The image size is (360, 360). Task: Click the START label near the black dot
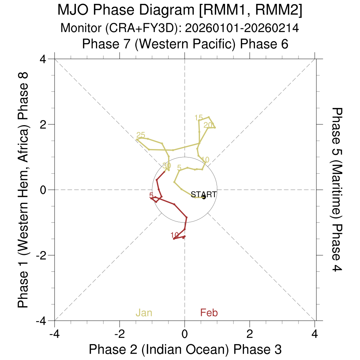(204, 194)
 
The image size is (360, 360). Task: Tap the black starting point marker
(204, 198)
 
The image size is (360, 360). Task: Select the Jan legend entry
(144, 313)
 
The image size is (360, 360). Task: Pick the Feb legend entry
(209, 313)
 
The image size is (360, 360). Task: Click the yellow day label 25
(141, 135)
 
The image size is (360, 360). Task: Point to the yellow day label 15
(199, 118)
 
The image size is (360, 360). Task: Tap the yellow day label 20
(208, 125)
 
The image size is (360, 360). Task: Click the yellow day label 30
(167, 166)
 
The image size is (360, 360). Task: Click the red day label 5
(151, 195)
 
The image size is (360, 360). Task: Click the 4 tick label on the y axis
(44, 59)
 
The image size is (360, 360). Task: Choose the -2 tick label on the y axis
(42, 255)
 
